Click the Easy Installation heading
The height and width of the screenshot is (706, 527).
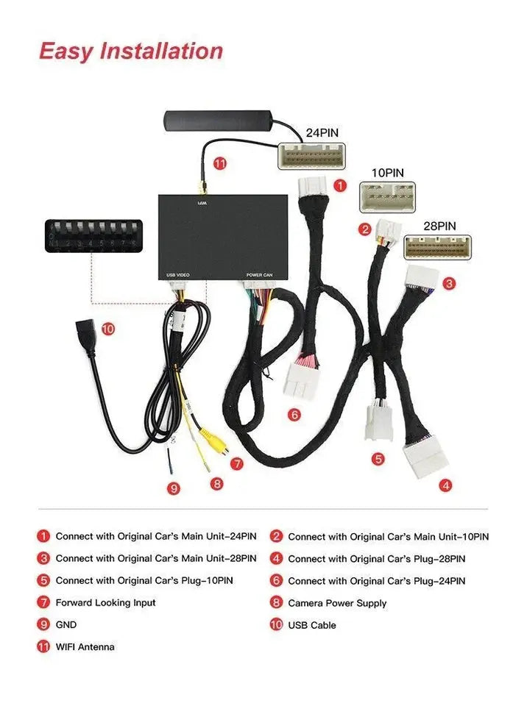[x=131, y=51]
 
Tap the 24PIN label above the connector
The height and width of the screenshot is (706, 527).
[x=322, y=134]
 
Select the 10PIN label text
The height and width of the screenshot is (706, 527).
[x=387, y=174]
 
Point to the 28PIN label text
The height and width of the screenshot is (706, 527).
[x=439, y=226]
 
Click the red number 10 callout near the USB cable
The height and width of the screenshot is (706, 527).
[x=107, y=329]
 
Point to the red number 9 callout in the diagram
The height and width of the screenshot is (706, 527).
[x=174, y=487]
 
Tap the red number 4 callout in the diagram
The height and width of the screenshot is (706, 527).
[x=445, y=485]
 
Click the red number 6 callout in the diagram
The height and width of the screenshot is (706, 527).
[x=294, y=415]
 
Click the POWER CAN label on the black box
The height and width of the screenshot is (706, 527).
[x=259, y=275]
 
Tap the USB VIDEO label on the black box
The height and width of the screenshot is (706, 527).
[x=177, y=275]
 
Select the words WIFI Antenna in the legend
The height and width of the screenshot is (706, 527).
[x=85, y=647]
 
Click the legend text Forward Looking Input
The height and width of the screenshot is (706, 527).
[x=105, y=603]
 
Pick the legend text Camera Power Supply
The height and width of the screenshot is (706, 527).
[x=337, y=603]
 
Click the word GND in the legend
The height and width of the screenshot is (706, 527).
[x=66, y=625]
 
